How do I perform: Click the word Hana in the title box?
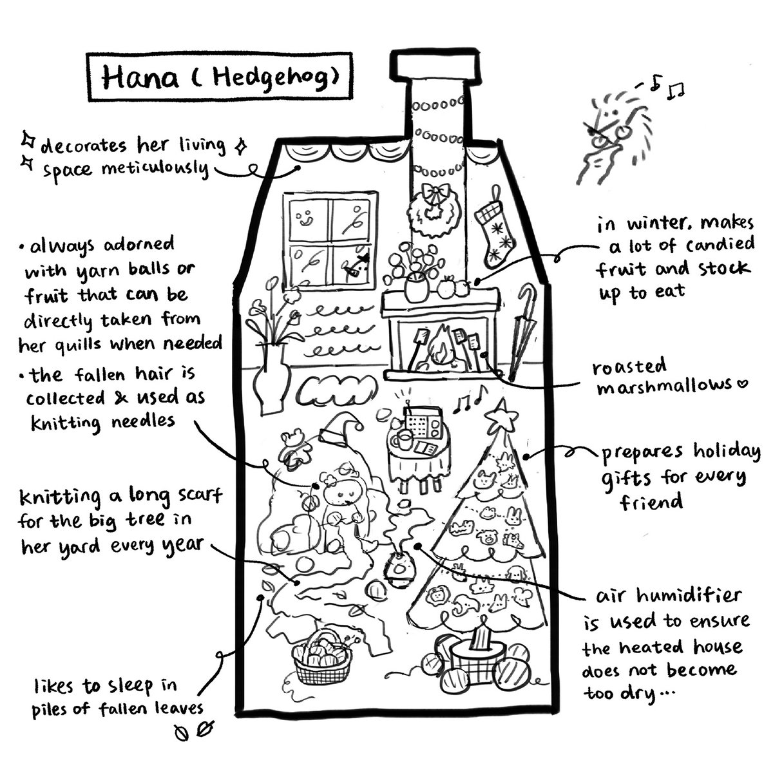(140, 77)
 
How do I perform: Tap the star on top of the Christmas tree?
(501, 416)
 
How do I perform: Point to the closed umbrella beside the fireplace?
(522, 331)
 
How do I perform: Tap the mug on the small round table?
(403, 441)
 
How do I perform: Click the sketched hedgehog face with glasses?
(614, 135)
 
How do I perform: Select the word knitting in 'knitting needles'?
(66, 423)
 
